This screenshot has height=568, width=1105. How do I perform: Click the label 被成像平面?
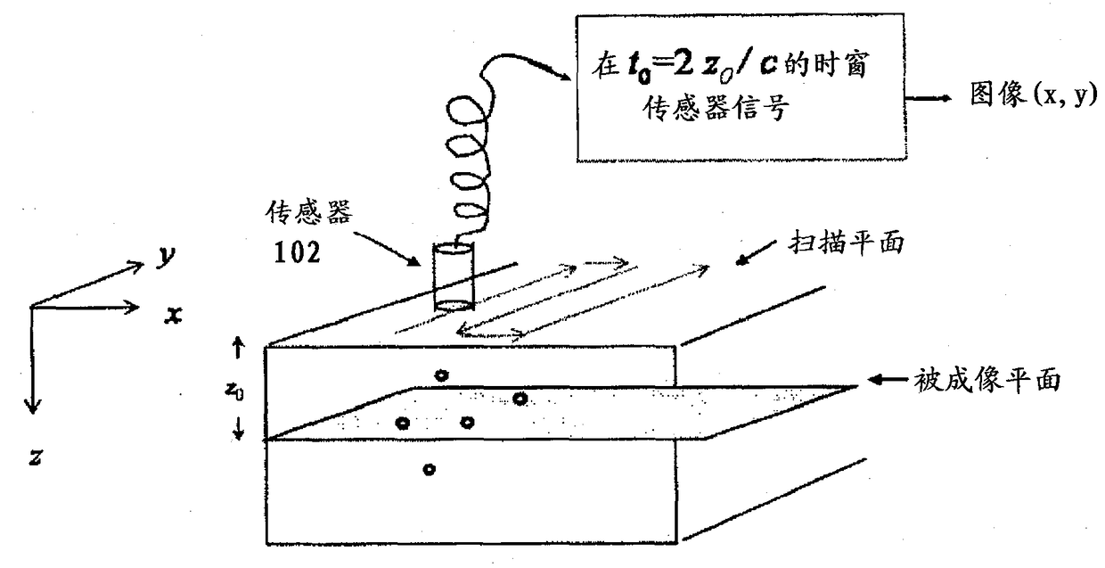(985, 381)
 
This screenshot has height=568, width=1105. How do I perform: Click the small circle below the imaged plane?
(429, 469)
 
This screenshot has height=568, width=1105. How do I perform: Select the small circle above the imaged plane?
(440, 375)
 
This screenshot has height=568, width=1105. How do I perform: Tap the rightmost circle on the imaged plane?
(520, 399)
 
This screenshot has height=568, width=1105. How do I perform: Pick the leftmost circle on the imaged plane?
(402, 422)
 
